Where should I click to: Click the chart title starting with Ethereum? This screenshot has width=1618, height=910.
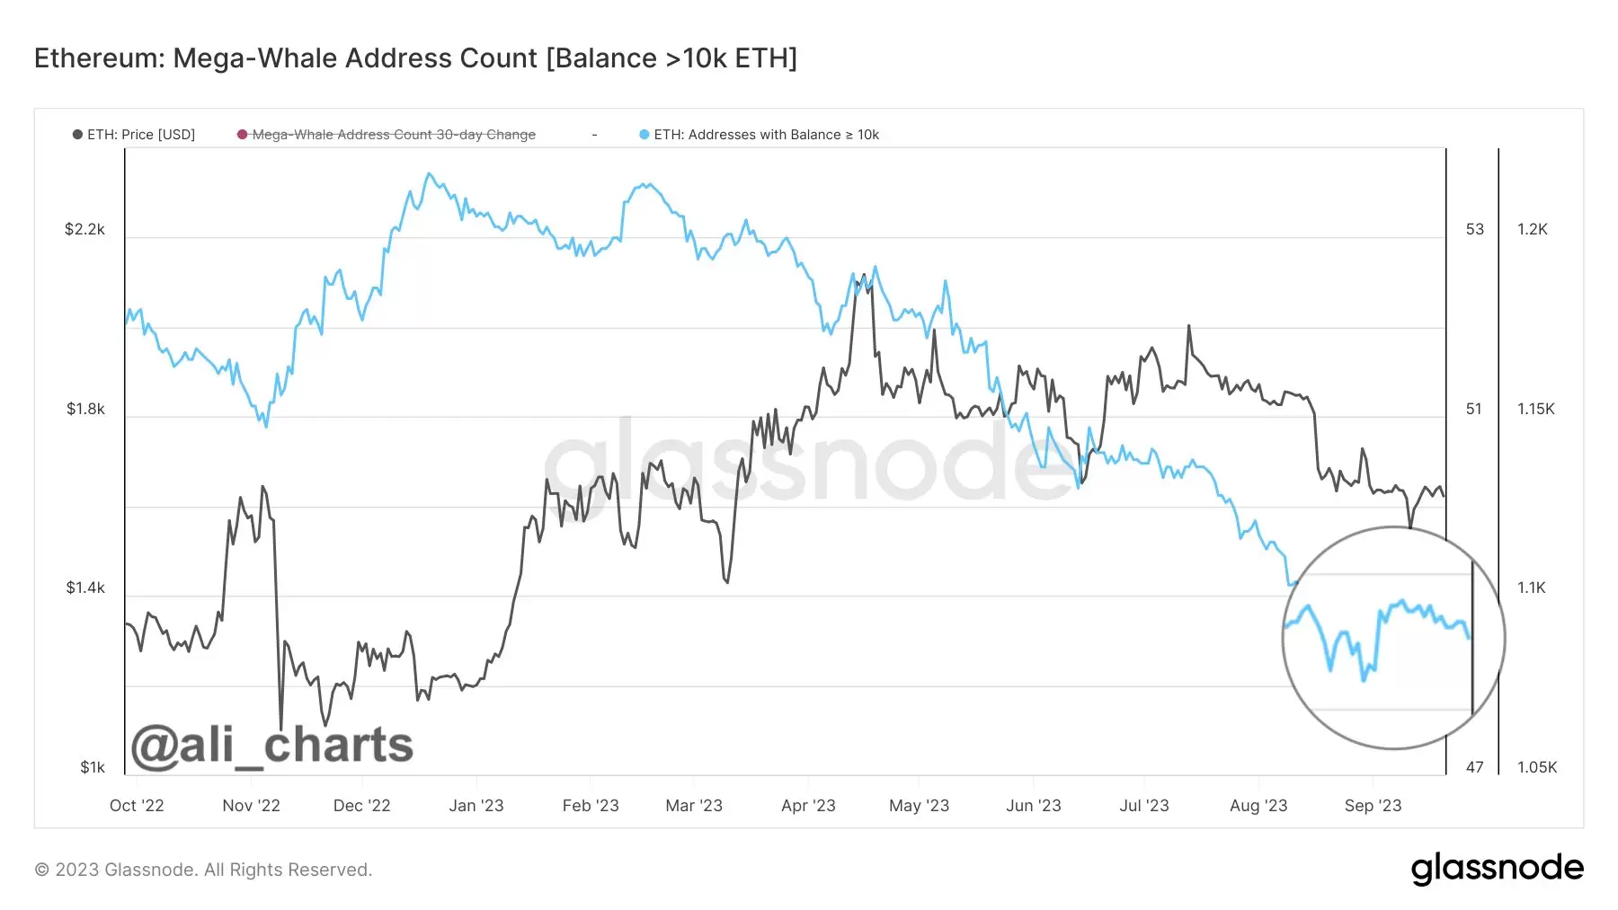point(415,58)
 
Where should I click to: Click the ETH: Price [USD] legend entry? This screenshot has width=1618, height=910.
point(134,135)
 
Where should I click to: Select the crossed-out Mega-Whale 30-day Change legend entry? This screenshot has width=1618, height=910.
point(387,135)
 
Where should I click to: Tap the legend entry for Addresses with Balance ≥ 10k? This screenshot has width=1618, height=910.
point(760,135)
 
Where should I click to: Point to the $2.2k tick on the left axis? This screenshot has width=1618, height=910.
point(84,229)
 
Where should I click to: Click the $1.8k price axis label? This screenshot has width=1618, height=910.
point(85,409)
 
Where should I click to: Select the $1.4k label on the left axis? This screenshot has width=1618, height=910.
point(85,588)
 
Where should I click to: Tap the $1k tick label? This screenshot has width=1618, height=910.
point(93,767)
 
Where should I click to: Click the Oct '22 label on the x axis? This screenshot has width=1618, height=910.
point(137,806)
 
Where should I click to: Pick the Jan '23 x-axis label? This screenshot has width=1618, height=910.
point(476,806)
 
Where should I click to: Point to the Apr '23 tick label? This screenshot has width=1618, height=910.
point(808,806)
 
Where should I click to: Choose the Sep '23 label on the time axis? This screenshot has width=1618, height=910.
point(1373,806)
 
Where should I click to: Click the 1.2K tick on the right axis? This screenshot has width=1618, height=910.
point(1533,229)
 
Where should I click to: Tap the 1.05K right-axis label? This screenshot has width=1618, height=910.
point(1537,767)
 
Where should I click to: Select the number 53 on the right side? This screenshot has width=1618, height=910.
point(1475,229)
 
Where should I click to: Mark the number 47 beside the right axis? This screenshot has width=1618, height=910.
point(1475,767)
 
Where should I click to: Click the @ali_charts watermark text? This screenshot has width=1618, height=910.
point(271,746)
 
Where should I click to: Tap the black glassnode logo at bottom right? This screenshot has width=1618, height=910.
point(1497,869)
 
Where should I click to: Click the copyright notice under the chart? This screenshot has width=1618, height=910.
point(203,870)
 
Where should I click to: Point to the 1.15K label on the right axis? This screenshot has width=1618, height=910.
point(1536,409)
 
